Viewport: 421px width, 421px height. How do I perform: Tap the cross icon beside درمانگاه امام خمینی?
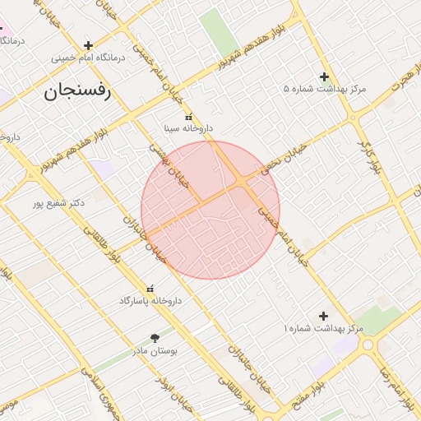click(x=88, y=44)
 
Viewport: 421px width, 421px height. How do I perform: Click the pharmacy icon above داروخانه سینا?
click(x=188, y=117)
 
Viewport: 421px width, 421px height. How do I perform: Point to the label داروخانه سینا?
click(x=188, y=129)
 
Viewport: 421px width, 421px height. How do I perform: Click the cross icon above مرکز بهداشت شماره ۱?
click(x=323, y=316)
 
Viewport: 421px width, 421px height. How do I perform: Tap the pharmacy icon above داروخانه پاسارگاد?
click(x=150, y=289)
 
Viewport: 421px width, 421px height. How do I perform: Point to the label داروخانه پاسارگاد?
click(x=149, y=301)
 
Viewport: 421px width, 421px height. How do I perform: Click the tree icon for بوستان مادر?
click(x=155, y=337)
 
